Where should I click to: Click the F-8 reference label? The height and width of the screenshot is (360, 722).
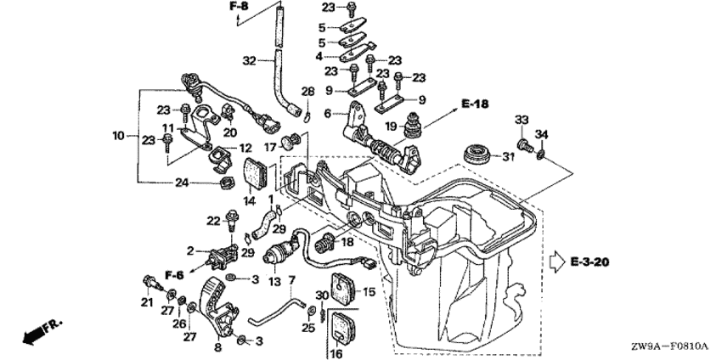[x=239, y=7]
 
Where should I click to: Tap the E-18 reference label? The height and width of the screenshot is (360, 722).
[x=474, y=104]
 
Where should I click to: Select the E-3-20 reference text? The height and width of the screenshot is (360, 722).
[x=589, y=262]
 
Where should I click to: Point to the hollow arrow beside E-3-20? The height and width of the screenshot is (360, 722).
[x=557, y=262]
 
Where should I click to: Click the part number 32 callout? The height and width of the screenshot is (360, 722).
[x=249, y=60]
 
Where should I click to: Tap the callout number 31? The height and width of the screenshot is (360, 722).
[x=507, y=157]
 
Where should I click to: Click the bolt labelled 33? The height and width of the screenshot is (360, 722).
[x=525, y=145]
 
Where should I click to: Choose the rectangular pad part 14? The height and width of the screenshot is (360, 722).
[x=255, y=173]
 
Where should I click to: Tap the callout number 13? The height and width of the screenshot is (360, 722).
[x=274, y=282]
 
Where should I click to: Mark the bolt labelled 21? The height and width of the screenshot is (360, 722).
[x=150, y=283]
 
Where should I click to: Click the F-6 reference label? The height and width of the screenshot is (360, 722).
[x=173, y=275]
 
